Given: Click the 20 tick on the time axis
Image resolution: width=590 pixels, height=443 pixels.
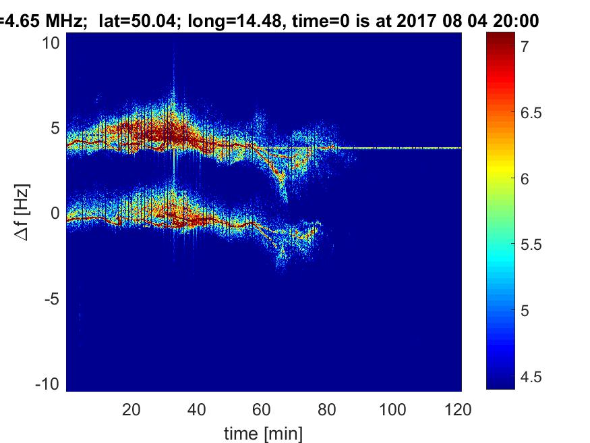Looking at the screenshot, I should (131, 409).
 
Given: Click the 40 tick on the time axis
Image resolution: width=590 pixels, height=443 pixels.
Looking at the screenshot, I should (197, 409).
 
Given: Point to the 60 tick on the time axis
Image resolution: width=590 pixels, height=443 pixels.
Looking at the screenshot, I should (262, 409).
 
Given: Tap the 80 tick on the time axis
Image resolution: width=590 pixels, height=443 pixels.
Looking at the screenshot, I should (328, 409).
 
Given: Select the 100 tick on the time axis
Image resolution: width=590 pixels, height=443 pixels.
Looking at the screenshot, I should (393, 409).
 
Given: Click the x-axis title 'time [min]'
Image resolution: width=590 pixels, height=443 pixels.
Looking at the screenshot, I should (263, 432).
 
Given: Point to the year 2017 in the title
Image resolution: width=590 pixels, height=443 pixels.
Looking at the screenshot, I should (418, 21).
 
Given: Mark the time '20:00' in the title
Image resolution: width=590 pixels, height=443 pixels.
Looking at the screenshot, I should (517, 21).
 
